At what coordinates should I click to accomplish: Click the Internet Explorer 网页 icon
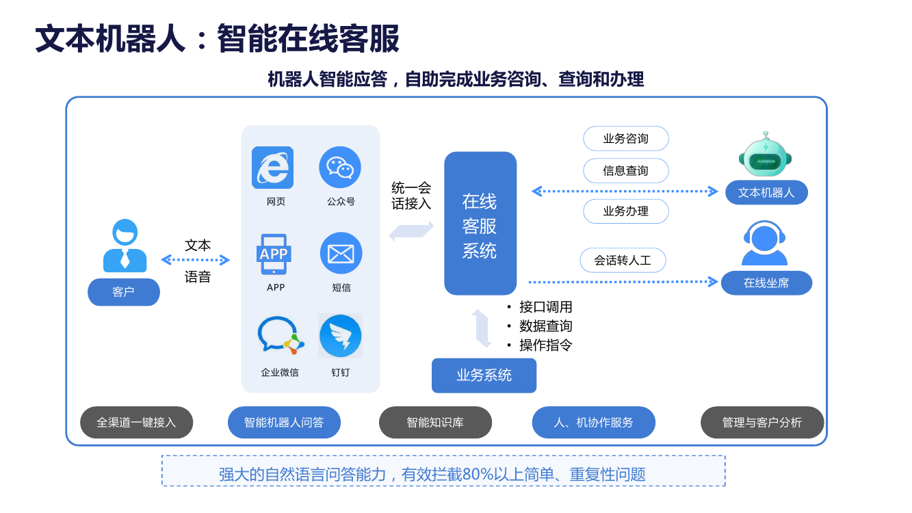[272, 167]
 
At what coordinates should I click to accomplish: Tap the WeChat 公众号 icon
[340, 167]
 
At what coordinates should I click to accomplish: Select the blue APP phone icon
[273, 254]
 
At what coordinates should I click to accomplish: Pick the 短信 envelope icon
[341, 253]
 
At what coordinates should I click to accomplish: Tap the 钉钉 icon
[340, 336]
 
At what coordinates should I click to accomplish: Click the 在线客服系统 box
[480, 224]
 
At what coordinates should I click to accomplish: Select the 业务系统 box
[484, 375]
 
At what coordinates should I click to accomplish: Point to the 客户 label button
[123, 292]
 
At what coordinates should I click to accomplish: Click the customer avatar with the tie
[125, 246]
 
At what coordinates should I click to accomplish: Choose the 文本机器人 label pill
[766, 192]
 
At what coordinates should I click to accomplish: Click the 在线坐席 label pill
[766, 282]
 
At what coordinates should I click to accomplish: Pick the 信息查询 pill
[625, 171]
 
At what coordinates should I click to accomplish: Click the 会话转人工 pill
[622, 260]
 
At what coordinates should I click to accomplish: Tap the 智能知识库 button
[435, 423]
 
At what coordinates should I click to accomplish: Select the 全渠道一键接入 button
[136, 423]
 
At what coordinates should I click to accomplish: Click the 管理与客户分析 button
[761, 423]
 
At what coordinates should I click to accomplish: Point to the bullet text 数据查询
[545, 326]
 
